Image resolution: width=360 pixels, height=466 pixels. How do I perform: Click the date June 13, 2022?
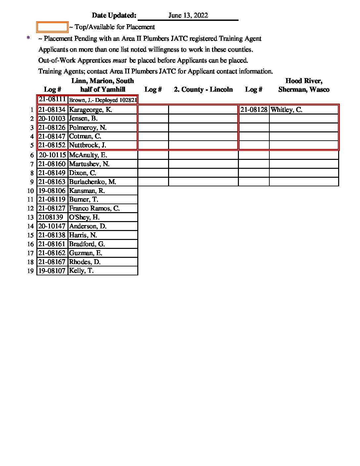(x=188, y=16)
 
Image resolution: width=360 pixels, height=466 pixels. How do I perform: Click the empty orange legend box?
(x=52, y=27)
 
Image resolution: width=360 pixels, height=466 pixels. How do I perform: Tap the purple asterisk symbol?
(x=28, y=38)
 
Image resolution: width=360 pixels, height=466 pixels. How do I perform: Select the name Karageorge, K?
(x=90, y=110)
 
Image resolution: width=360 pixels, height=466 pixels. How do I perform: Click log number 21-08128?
(x=254, y=110)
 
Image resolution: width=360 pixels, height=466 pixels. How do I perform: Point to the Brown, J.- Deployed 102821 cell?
(x=103, y=100)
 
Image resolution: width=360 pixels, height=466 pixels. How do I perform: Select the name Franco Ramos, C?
(x=94, y=208)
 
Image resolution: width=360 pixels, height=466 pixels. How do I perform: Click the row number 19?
(x=30, y=271)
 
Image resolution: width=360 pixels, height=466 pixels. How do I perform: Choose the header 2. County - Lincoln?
(x=203, y=90)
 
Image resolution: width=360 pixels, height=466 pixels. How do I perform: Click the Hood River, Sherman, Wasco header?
(x=304, y=85)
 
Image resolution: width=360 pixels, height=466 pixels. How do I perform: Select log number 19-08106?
(x=52, y=191)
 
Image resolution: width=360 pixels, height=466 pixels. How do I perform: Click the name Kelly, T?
(x=81, y=271)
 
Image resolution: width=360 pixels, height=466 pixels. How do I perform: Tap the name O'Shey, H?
(x=84, y=217)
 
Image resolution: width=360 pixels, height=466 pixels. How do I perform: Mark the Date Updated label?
(x=114, y=16)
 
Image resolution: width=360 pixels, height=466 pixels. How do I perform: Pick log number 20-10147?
(x=52, y=226)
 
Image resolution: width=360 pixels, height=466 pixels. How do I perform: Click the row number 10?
(x=30, y=191)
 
